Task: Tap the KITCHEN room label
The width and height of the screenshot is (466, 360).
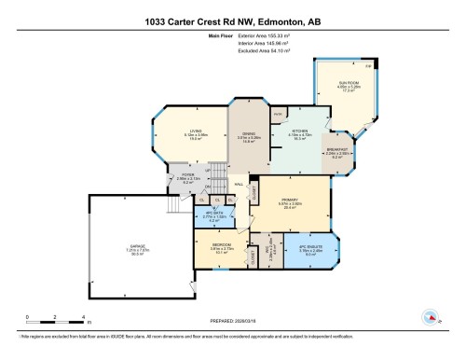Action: coord(299,131)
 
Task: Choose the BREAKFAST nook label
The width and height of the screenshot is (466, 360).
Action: coord(337,150)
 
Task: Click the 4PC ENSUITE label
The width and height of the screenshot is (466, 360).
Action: coord(310,246)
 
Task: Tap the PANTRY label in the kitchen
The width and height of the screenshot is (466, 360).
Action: coord(279,114)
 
